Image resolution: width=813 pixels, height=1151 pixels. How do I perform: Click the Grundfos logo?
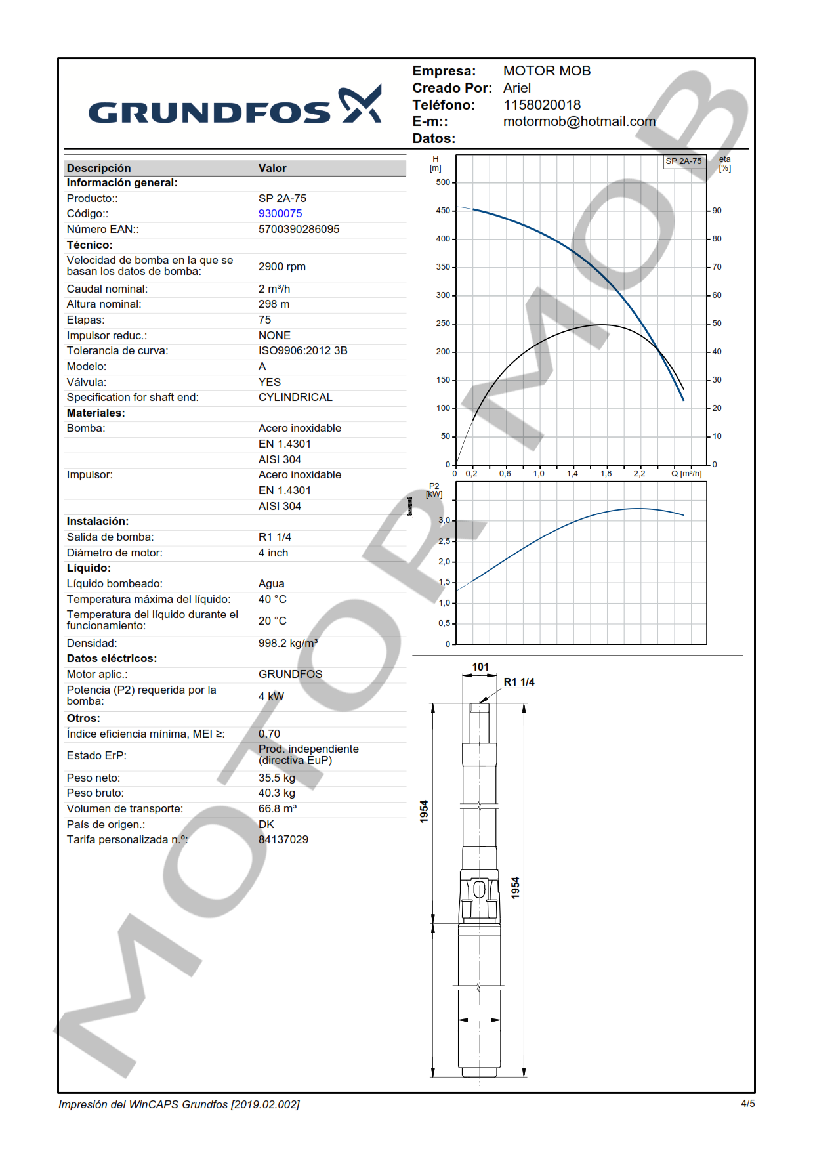(x=234, y=106)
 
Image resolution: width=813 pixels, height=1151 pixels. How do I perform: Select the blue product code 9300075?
(x=280, y=213)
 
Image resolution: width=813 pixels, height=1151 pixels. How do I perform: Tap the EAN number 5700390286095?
(x=299, y=229)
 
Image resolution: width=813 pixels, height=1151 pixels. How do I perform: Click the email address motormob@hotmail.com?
(x=579, y=121)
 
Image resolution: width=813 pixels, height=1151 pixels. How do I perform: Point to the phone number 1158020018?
(x=541, y=105)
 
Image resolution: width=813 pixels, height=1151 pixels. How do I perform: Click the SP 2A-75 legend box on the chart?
(x=683, y=161)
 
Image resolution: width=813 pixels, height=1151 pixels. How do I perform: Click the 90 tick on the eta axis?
(x=717, y=211)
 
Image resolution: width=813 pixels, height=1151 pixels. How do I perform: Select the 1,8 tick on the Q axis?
(x=606, y=473)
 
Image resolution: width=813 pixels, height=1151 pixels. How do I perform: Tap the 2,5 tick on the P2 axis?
(x=444, y=541)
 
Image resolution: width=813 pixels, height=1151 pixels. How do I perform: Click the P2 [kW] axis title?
(x=434, y=491)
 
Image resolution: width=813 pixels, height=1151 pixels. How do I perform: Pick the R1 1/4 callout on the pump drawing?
(x=518, y=682)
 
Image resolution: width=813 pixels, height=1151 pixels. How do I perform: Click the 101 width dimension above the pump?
(x=480, y=667)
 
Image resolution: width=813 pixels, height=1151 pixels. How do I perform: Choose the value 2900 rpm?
(x=281, y=266)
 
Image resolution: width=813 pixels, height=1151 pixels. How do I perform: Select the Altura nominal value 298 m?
(x=274, y=304)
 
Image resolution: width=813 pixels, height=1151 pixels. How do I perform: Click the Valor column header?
(x=272, y=168)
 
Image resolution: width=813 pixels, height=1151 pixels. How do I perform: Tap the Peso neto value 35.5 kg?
(x=276, y=778)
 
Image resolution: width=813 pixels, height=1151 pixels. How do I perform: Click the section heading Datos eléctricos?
(x=112, y=658)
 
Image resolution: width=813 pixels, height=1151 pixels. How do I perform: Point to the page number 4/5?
(x=747, y=1104)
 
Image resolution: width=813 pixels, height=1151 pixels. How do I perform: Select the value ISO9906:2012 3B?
(x=302, y=350)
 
